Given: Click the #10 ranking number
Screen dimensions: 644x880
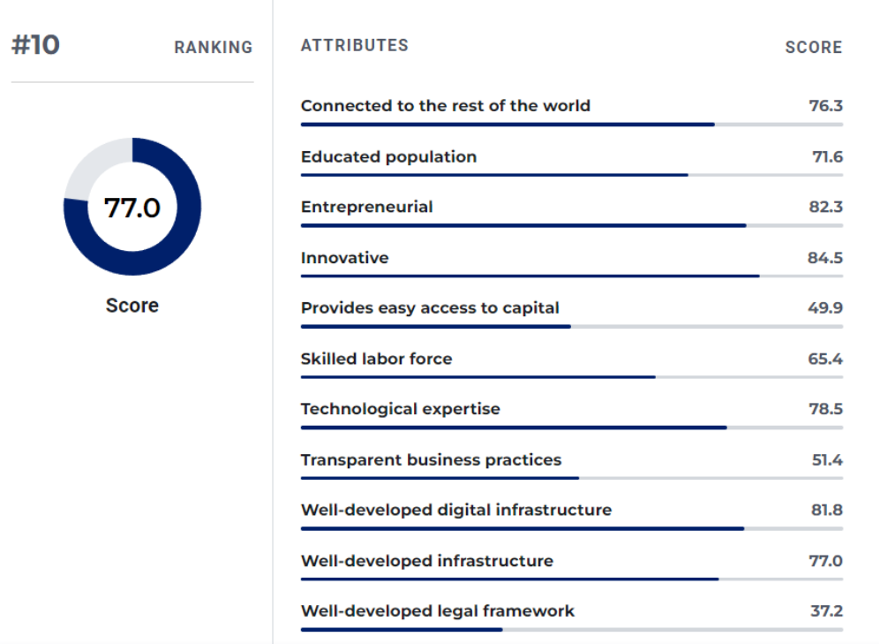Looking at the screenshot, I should click(x=35, y=45).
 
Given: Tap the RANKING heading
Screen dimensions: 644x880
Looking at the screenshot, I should click(x=213, y=48).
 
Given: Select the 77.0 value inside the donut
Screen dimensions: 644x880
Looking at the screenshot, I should click(x=132, y=208).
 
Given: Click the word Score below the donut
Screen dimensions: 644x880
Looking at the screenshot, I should click(x=132, y=306).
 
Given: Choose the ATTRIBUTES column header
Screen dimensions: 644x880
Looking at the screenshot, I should click(x=354, y=45).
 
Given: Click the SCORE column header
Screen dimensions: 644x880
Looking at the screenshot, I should click(x=813, y=48).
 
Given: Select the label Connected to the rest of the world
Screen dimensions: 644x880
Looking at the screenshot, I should click(x=445, y=106).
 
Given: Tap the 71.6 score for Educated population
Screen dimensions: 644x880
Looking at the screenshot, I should click(x=827, y=157).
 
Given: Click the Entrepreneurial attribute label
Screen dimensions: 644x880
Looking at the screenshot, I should click(x=366, y=208).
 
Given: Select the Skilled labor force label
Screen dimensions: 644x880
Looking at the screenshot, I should click(x=376, y=360).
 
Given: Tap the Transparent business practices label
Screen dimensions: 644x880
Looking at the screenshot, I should click(x=431, y=460).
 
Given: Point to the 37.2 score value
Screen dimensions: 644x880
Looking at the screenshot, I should click(x=826, y=611).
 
